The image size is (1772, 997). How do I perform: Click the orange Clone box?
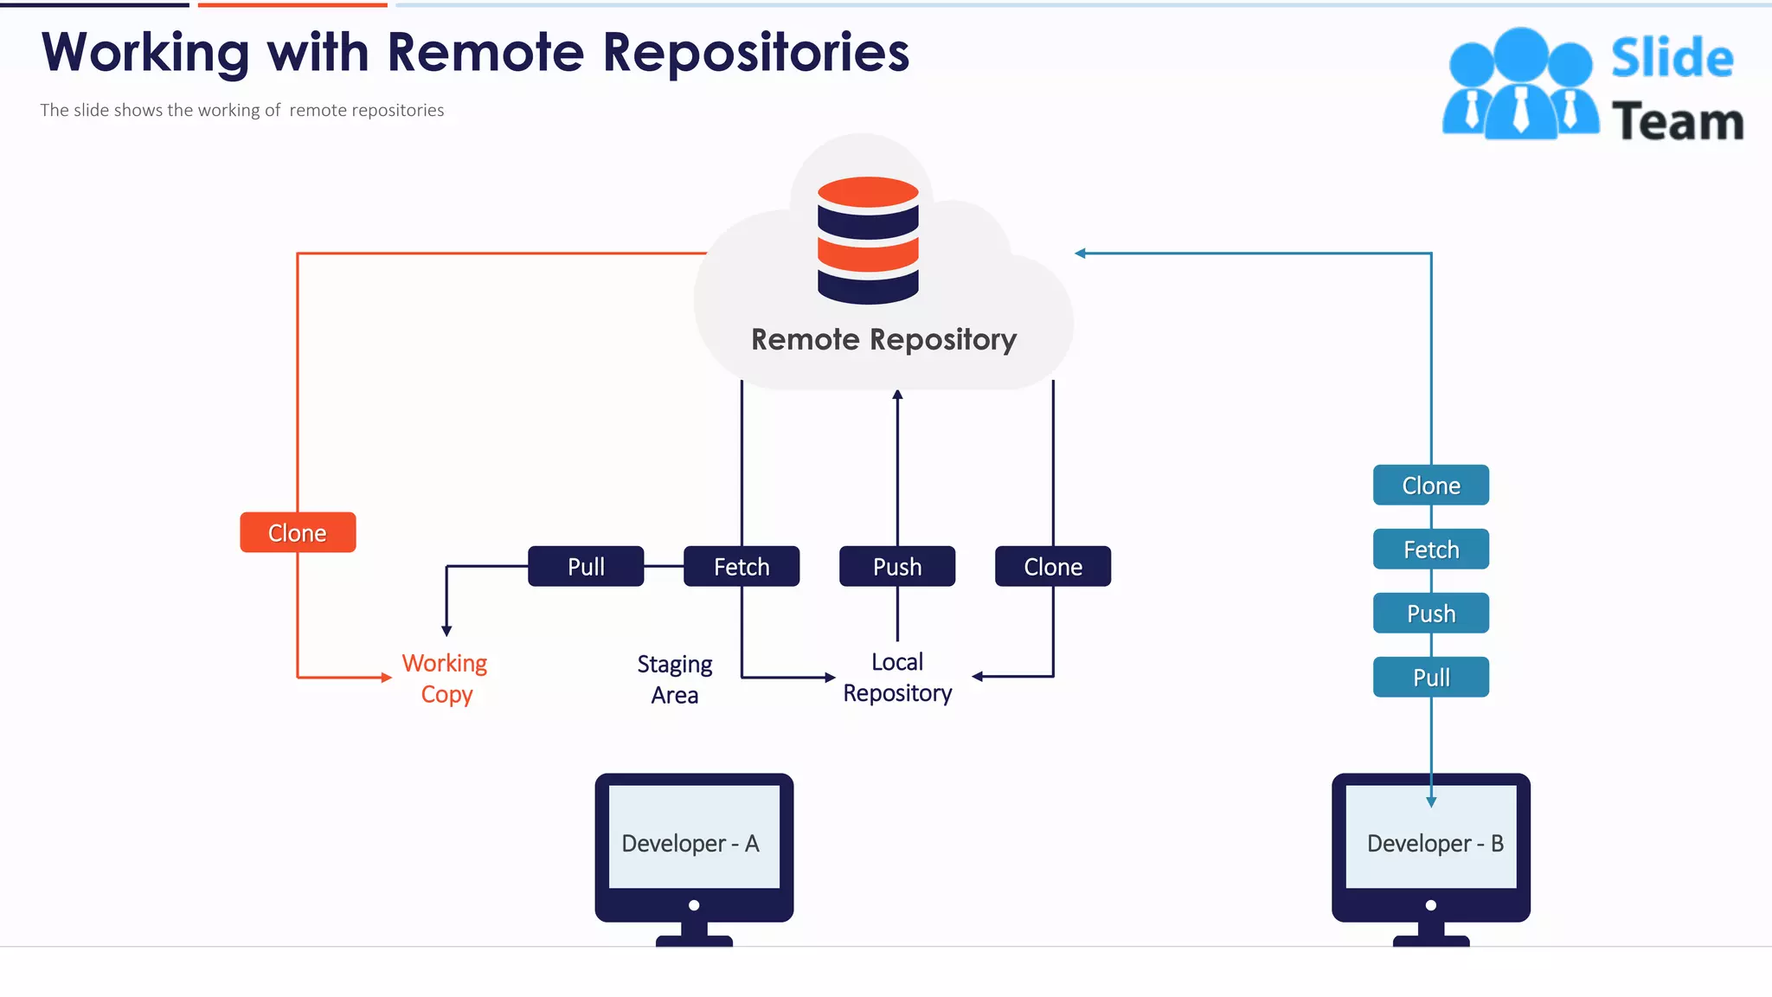298,532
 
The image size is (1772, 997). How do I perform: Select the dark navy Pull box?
586,566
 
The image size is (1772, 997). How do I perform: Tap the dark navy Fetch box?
742,566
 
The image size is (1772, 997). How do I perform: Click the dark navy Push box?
897,566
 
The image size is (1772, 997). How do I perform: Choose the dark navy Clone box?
1053,566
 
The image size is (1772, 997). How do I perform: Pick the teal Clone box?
1431,486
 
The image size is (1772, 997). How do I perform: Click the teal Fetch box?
1431,550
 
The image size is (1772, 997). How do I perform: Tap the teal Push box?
1431,614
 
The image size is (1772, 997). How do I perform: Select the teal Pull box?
1431,678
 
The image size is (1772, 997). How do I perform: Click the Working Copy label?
446,679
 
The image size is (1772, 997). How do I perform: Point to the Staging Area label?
675,679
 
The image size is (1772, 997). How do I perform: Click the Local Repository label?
897,678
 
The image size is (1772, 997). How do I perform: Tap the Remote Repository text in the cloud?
883,339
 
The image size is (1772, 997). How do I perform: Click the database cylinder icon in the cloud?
868,240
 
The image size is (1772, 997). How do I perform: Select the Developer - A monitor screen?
694,837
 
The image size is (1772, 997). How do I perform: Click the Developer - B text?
1435,844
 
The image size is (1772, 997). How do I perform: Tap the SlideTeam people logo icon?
1520,85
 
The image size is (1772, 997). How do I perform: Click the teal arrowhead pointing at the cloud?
1080,254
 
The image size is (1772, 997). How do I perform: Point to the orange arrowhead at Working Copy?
387,678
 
